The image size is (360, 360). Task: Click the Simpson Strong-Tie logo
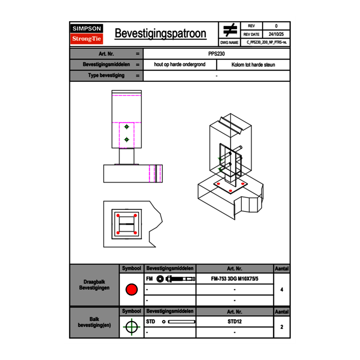click(87, 34)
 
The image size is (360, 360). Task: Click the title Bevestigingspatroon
click(160, 34)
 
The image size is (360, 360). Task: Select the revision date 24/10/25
click(276, 34)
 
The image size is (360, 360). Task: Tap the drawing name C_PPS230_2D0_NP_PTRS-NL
click(266, 42)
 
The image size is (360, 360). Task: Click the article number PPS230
click(216, 54)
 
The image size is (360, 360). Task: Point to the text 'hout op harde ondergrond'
click(180, 65)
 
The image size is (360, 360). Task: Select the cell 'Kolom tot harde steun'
click(253, 65)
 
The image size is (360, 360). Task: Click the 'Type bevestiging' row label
click(106, 76)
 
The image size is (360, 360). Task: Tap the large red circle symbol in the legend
click(131, 290)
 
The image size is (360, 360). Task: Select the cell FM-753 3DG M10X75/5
click(234, 279)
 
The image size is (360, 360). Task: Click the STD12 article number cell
click(234, 322)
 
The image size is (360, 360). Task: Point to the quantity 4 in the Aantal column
click(282, 290)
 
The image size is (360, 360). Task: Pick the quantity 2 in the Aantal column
click(282, 327)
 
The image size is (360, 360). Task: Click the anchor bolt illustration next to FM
click(175, 279)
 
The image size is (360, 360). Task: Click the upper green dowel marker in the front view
click(127, 127)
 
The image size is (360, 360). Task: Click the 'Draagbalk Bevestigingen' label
click(94, 285)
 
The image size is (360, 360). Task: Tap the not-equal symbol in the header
click(229, 30)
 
